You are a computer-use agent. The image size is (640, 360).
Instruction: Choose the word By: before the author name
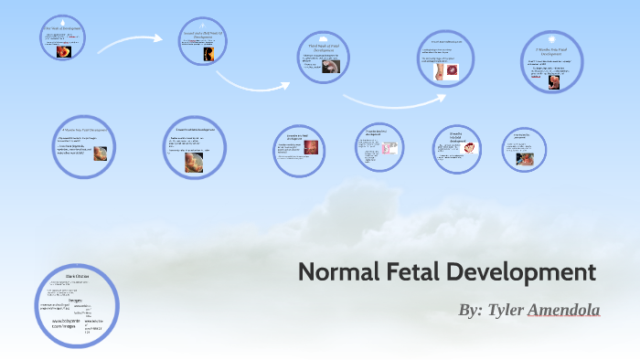click(x=470, y=311)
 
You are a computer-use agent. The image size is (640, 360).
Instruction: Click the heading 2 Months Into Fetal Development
click(x=555, y=50)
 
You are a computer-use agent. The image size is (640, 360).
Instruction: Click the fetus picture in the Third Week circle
click(x=336, y=66)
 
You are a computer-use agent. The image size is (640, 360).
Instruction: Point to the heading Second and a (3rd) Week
click(x=208, y=34)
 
